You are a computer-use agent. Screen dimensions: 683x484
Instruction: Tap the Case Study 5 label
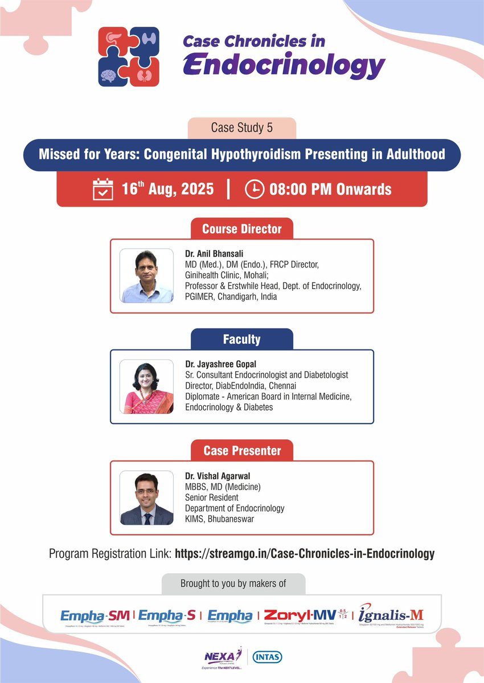241,128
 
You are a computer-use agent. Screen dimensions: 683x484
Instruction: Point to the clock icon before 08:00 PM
254,189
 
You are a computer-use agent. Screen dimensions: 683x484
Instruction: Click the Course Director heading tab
241,229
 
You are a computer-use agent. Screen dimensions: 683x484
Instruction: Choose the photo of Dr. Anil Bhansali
146,275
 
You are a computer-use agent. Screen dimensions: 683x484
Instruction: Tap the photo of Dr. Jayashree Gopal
146,386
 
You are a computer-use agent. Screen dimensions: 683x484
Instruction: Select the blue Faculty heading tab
241,340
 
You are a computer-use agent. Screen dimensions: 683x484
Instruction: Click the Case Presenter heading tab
241,451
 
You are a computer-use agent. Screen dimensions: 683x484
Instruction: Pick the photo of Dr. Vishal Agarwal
146,497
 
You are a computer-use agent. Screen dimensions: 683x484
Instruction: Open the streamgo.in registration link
305,553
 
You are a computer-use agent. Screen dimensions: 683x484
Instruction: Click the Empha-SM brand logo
96,615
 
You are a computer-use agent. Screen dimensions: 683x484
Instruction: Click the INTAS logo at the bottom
267,657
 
